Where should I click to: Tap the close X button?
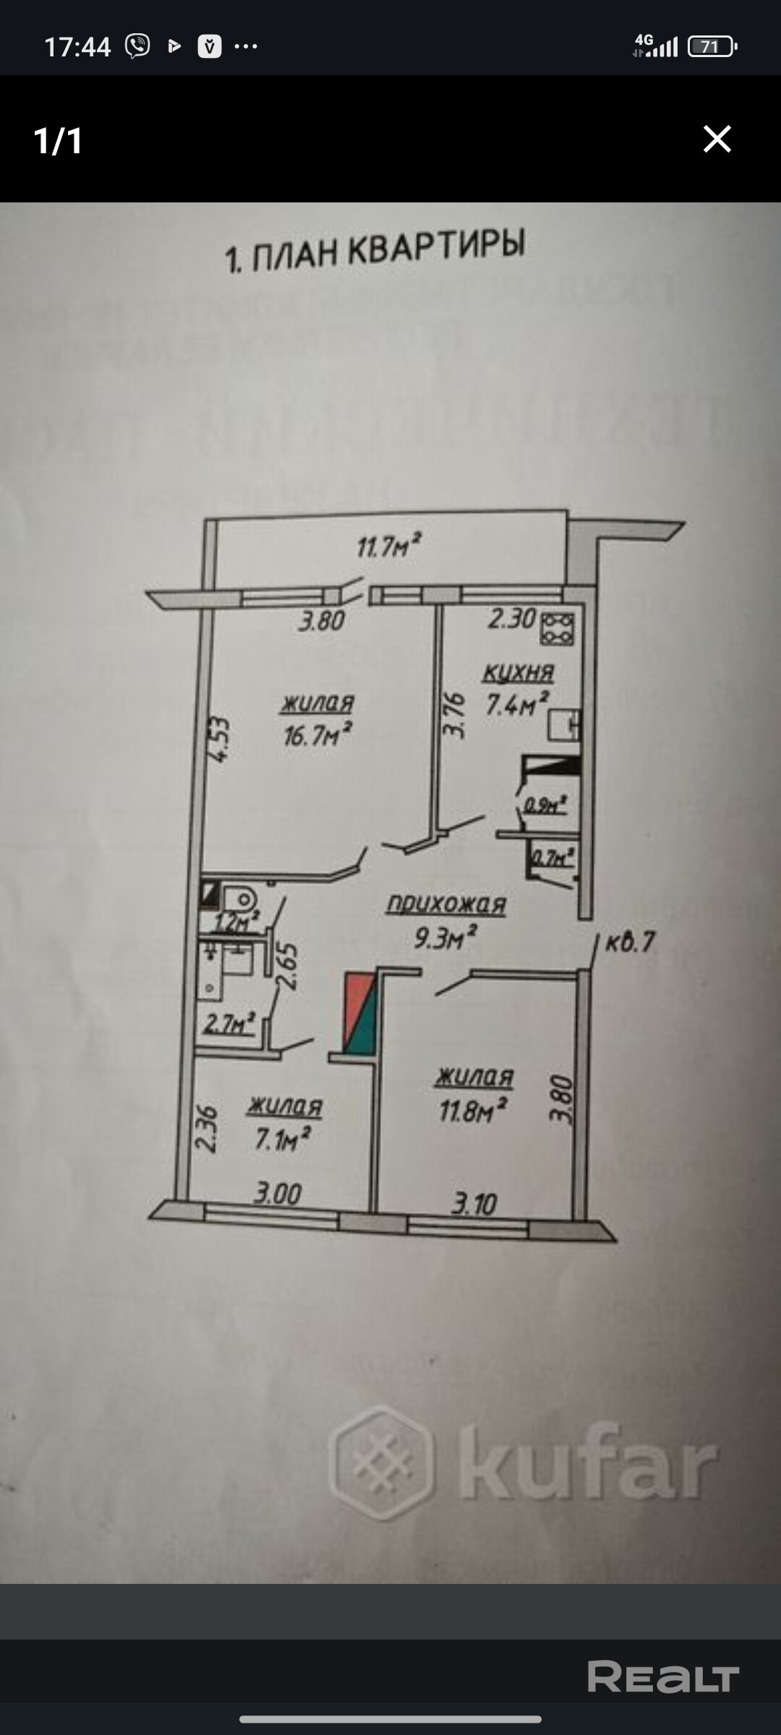click(x=717, y=139)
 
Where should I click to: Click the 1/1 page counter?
click(x=58, y=140)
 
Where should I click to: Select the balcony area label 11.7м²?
click(x=388, y=546)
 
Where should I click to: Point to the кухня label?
click(x=518, y=673)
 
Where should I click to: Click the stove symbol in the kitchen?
click(x=558, y=628)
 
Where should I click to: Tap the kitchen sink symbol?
click(x=564, y=725)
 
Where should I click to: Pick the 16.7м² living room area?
click(x=318, y=736)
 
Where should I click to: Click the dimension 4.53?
click(x=221, y=739)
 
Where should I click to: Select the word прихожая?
click(x=446, y=904)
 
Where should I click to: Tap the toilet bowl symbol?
click(x=242, y=900)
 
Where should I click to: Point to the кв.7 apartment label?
click(x=629, y=943)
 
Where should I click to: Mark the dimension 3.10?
click(x=474, y=1204)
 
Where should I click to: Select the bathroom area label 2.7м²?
click(x=229, y=1023)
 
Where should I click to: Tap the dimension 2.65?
click(x=287, y=968)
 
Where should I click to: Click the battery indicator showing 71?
click(x=712, y=47)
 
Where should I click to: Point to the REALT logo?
click(x=663, y=1676)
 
